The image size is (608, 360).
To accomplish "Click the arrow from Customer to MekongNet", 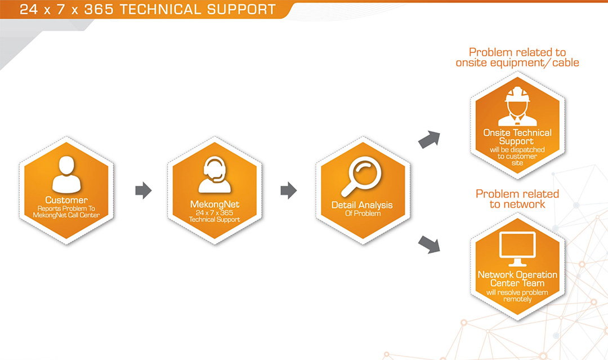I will [x=144, y=190].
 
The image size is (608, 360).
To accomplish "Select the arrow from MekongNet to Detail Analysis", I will [x=288, y=190].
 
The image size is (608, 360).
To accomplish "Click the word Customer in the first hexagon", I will [x=66, y=200].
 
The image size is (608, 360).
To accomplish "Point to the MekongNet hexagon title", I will [x=214, y=205].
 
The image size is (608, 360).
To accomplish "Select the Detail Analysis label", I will [x=362, y=205].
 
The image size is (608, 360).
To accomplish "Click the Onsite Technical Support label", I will [x=517, y=137].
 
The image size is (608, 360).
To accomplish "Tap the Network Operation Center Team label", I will [x=517, y=279].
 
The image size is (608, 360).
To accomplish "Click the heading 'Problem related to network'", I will [x=517, y=199].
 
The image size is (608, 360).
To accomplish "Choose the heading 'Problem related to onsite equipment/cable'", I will [x=517, y=57].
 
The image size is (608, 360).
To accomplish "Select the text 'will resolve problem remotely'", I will [x=517, y=296].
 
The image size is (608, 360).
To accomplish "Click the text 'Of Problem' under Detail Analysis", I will [x=362, y=214].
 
